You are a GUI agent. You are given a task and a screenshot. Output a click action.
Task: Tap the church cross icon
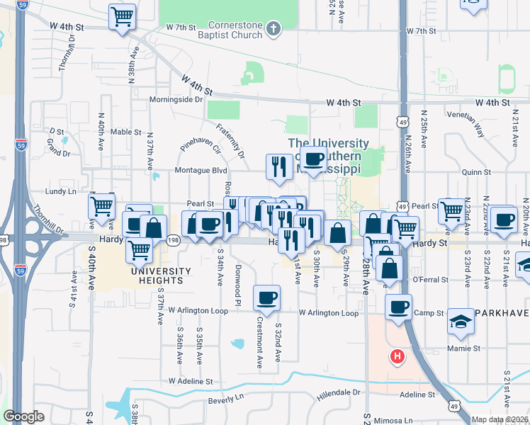point(274,29)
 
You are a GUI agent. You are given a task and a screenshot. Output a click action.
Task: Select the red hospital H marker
point(397,356)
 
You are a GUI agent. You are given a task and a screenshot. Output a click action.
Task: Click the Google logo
point(24,416)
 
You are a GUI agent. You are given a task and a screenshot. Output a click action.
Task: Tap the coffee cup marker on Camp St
point(398,307)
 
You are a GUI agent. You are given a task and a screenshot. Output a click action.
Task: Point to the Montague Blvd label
point(201,171)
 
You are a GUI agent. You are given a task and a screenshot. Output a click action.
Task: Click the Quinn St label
point(476,172)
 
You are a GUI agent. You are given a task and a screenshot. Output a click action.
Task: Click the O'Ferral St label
point(427,279)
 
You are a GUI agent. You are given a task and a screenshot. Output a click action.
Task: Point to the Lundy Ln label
point(61,192)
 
